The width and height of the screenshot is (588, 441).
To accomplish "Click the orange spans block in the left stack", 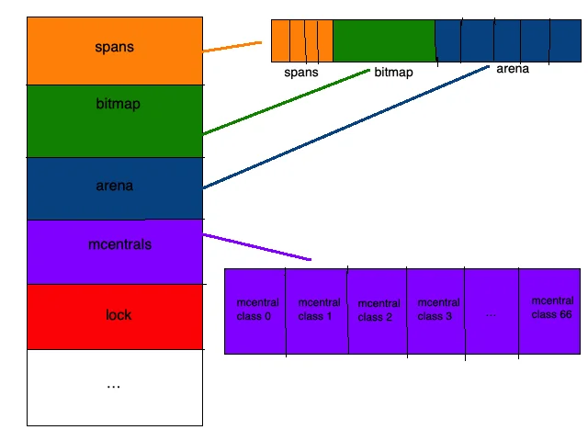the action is [x=115, y=51].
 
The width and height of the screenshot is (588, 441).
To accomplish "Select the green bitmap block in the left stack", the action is [x=115, y=121].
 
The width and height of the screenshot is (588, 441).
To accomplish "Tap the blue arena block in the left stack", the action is [x=115, y=188].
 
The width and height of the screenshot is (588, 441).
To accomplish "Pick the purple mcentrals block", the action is [x=115, y=252].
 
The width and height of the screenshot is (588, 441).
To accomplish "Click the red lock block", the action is [x=115, y=317].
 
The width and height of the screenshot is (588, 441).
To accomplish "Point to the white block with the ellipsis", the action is [x=115, y=388].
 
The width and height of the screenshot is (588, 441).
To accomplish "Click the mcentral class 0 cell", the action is [x=255, y=311].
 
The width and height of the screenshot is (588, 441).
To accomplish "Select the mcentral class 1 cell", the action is [x=317, y=311].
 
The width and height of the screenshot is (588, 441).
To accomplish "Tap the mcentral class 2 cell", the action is [x=378, y=311].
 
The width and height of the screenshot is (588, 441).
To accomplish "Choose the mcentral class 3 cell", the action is [x=436, y=311].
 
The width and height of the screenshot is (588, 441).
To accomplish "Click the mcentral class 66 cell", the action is [x=549, y=311].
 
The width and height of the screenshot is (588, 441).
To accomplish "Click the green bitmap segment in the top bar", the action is [x=384, y=40].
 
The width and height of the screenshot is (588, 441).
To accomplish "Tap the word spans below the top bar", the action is [x=301, y=73].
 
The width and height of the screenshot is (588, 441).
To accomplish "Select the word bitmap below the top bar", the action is [x=394, y=72].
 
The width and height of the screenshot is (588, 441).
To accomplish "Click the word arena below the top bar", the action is [x=513, y=69].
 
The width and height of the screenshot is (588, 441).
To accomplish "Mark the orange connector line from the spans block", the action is [x=232, y=47].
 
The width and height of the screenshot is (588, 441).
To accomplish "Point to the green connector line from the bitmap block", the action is [x=286, y=102].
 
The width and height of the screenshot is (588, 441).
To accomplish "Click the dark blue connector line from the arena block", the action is [x=346, y=127].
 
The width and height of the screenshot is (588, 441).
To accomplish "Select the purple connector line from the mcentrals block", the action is [x=257, y=247].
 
